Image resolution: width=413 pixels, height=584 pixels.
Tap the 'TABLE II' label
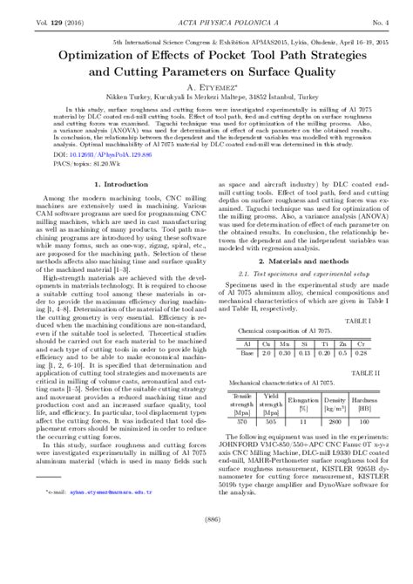(376, 372)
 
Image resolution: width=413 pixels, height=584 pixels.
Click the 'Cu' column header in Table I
(265, 344)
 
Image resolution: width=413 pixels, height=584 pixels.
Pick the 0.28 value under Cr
(361, 353)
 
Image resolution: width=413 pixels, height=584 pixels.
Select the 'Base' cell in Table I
(247, 353)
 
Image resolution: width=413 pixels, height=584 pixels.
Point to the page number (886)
(206, 569)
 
